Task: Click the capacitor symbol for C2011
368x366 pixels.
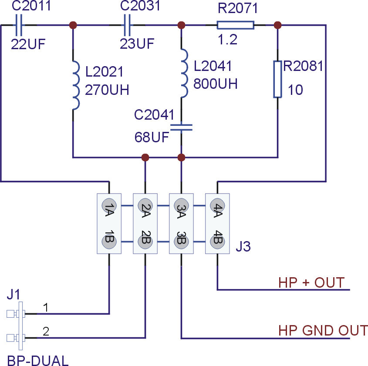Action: point(18,25)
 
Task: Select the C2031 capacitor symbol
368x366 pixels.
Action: point(127,25)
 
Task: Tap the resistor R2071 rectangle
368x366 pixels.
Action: point(236,25)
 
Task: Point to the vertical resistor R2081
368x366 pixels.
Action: point(278,79)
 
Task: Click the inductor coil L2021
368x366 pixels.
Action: point(76,85)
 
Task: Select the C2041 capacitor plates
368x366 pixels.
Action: point(181,128)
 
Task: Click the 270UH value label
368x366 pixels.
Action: point(107,90)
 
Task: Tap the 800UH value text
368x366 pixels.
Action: point(216,84)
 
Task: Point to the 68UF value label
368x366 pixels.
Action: point(152,137)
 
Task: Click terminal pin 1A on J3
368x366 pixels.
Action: point(109,205)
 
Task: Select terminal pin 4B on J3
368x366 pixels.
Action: point(218,242)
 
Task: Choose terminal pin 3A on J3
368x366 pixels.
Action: point(182,205)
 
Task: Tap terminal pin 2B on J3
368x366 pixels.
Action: point(145,242)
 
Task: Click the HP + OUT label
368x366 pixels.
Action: point(311,282)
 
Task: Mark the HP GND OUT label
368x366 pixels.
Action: point(323,330)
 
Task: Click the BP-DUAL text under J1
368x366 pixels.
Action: point(38,361)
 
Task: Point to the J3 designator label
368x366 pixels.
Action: point(243,246)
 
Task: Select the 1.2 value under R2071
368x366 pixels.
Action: point(227,40)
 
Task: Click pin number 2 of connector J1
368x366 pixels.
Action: point(46,331)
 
